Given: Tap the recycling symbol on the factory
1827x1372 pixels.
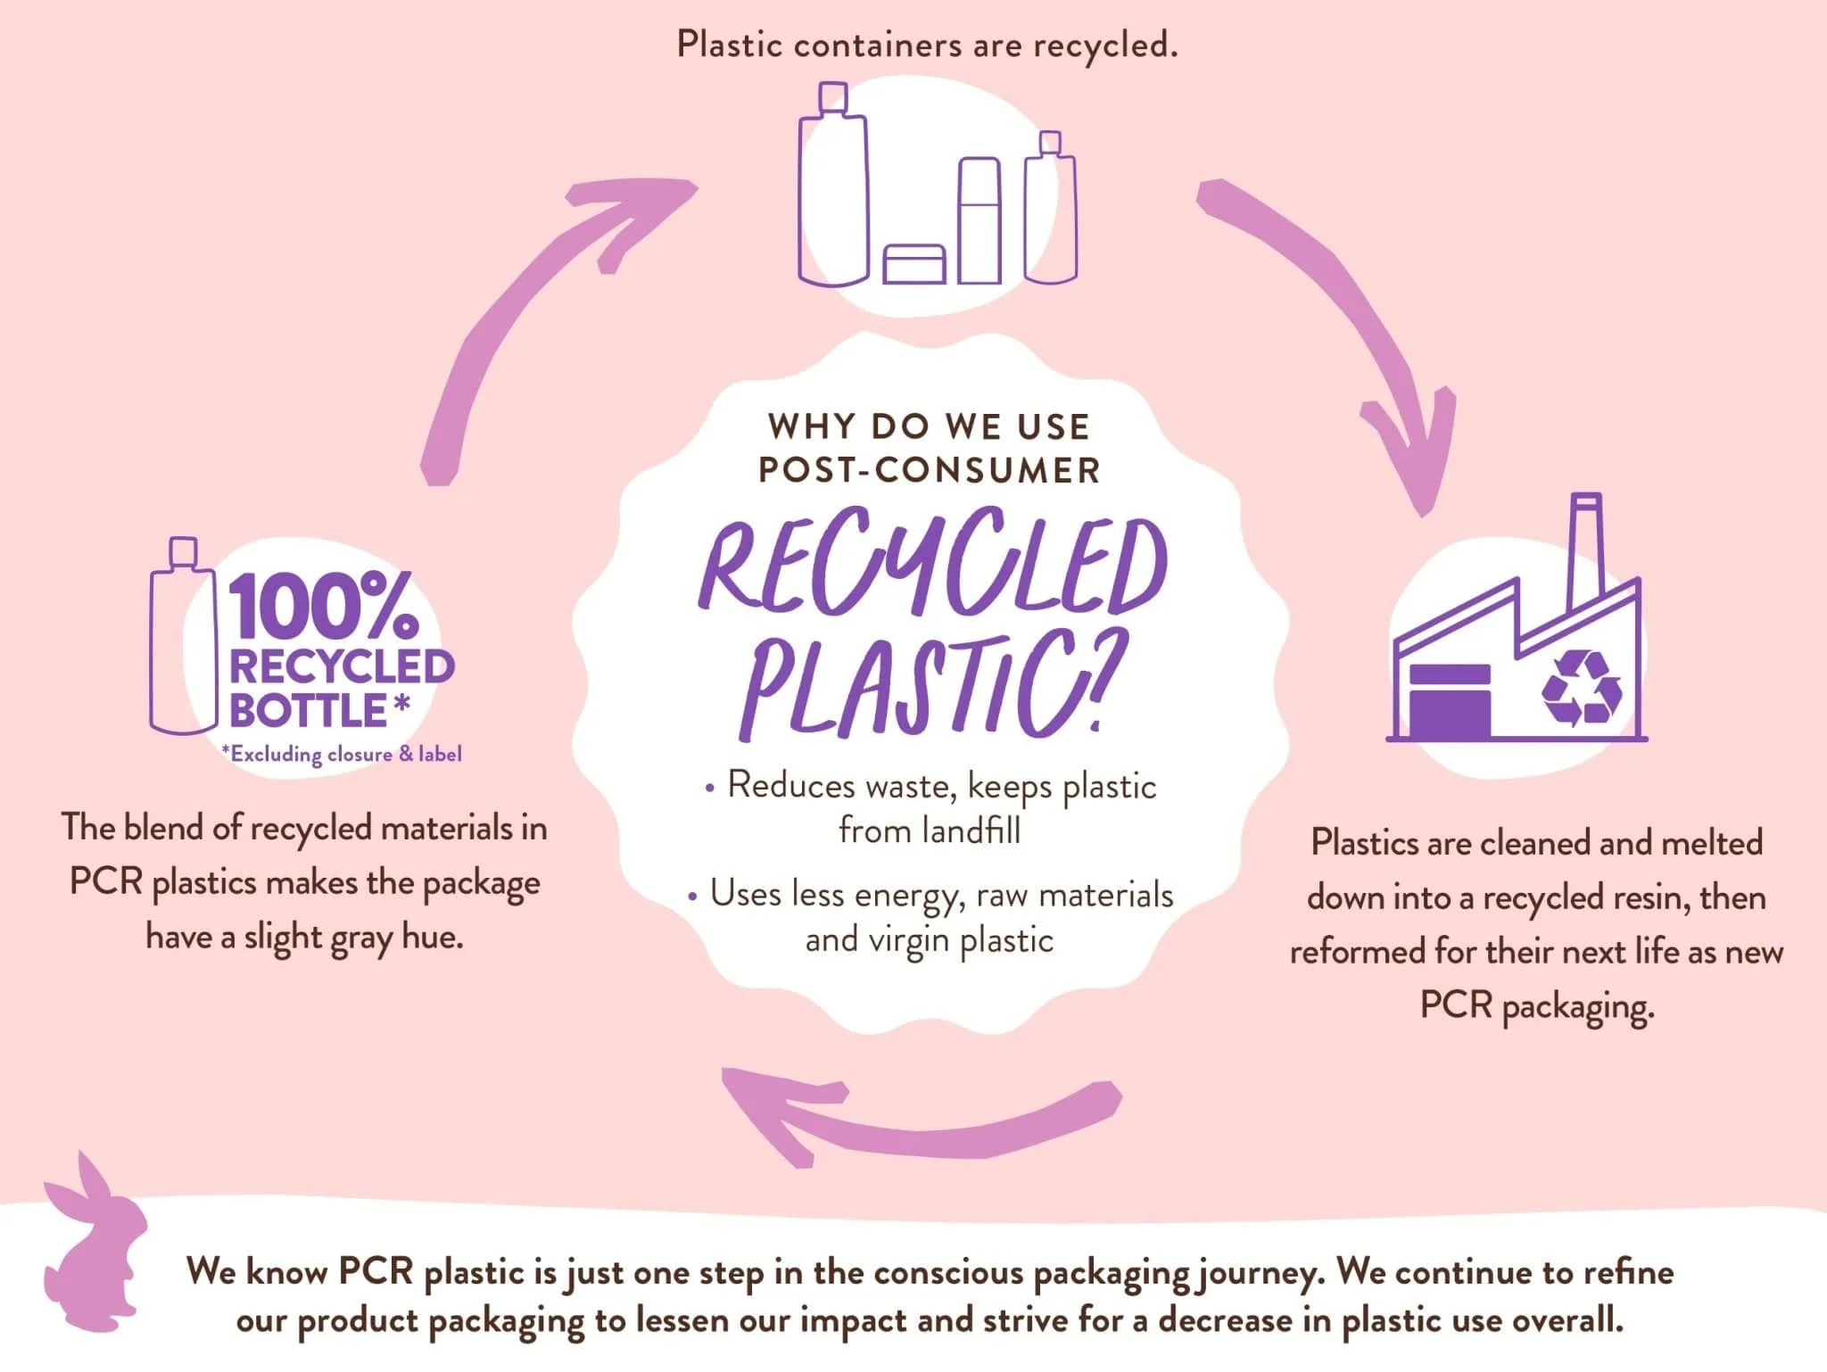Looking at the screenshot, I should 1582,687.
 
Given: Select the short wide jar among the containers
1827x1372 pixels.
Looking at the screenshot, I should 914,265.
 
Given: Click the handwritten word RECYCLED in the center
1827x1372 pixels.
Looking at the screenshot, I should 932,566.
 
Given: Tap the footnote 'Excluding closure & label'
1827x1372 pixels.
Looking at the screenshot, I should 342,755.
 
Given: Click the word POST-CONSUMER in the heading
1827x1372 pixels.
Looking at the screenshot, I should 930,471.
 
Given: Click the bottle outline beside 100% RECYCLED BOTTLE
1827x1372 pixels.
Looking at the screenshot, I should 183,642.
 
